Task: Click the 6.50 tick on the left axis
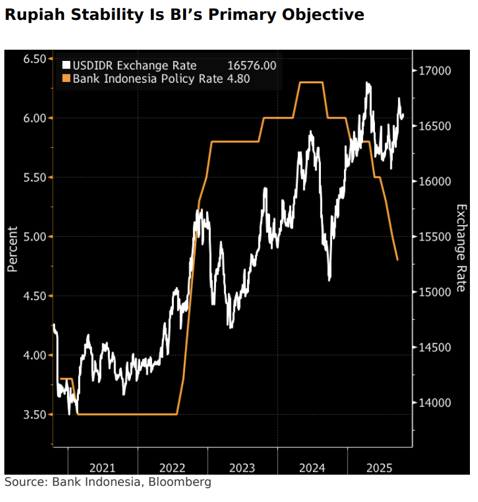tap(35, 59)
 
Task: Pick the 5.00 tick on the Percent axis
tap(35, 237)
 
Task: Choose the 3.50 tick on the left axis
tap(35, 414)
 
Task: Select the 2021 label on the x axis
tap(102, 468)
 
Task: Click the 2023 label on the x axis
tap(243, 468)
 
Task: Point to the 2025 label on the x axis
tap(379, 468)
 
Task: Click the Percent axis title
tap(12, 249)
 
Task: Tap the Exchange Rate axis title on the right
tap(461, 248)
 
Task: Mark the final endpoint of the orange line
tap(397, 260)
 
